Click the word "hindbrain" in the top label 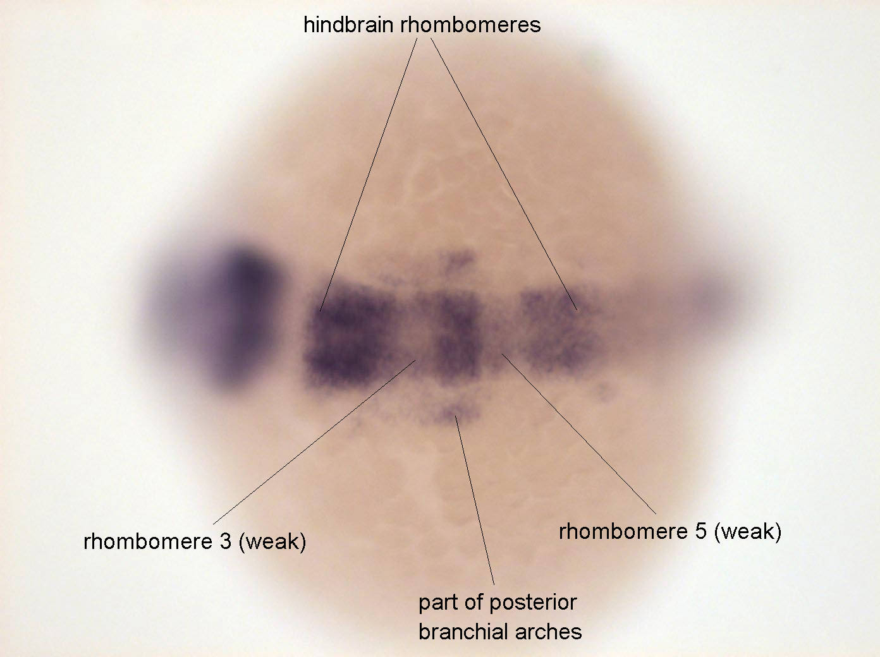[x=348, y=25]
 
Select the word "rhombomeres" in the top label [x=471, y=25]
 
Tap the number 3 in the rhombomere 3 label [x=225, y=541]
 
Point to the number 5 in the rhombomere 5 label [x=701, y=532]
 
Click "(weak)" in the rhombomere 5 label [x=748, y=533]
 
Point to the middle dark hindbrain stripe [x=457, y=339]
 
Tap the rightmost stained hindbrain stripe [x=559, y=330]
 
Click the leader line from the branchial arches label [x=475, y=500]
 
